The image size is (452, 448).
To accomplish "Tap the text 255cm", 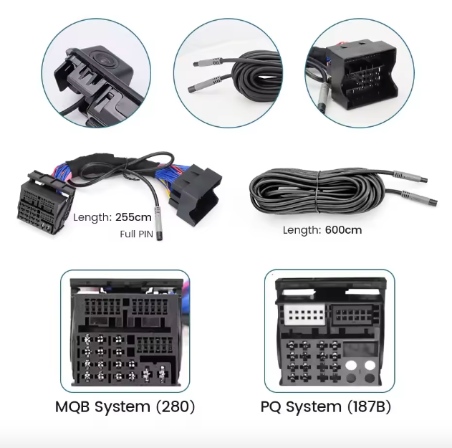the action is tap(133, 217).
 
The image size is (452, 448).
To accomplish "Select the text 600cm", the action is tap(343, 230).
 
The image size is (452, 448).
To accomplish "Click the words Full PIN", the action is tap(136, 234).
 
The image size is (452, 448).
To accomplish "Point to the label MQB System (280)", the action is tap(125, 406).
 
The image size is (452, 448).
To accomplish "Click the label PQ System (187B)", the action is tap(326, 406).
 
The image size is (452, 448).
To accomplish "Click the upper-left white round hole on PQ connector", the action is tap(351, 366).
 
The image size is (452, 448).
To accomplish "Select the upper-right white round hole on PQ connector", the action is tap(370, 366).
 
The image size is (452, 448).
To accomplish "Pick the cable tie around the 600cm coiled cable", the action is tap(317, 191).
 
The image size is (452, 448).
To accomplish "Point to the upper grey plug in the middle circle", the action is tap(208, 62).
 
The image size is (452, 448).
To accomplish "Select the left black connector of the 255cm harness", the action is tap(46, 202).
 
